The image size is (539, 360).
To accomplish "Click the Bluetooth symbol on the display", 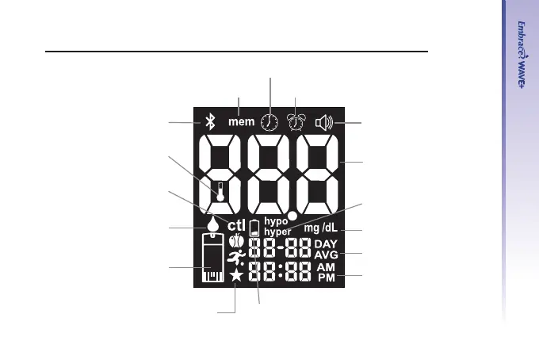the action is (x=209, y=122).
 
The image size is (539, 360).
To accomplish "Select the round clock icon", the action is (x=270, y=122).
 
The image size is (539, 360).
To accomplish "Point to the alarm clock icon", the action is (x=297, y=122).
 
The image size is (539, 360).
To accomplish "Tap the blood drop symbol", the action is (x=214, y=226).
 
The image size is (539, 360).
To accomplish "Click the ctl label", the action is (x=237, y=226).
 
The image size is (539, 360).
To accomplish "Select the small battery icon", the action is (x=254, y=228).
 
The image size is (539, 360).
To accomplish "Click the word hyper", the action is (x=277, y=232).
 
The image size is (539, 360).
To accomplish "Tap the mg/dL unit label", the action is (x=320, y=228).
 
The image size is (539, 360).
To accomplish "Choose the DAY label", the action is (x=325, y=243).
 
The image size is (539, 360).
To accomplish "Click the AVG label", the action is (x=325, y=255).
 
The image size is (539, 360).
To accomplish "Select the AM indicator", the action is (x=325, y=268).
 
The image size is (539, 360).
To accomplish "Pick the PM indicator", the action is (x=325, y=278).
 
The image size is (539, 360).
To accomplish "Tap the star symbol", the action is (x=236, y=275).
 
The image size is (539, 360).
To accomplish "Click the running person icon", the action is (x=235, y=256).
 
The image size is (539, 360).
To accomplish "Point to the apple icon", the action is (x=235, y=241).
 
